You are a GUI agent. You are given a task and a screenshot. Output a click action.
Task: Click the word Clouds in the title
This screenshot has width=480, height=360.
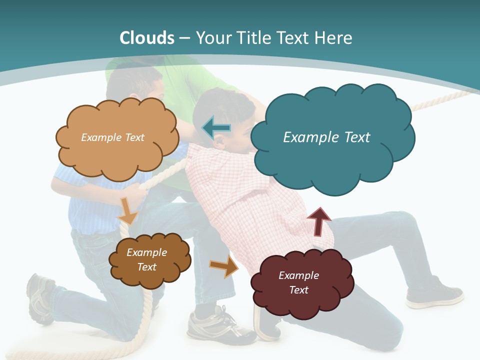(146, 38)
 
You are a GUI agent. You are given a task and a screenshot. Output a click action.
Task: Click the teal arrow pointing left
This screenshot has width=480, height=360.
(217, 128)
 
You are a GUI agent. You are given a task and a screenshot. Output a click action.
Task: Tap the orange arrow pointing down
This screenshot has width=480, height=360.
(128, 210)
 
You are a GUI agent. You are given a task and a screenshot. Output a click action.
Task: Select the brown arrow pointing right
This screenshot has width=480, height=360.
(224, 266)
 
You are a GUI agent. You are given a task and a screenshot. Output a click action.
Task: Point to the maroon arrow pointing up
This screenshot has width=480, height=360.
(318, 221)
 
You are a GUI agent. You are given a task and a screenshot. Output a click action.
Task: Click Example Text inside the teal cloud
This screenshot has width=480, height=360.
(326, 137)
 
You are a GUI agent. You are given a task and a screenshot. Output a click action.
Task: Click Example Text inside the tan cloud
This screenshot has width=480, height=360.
(112, 137)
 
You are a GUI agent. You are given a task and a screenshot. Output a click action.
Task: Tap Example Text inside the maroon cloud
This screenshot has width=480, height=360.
(298, 282)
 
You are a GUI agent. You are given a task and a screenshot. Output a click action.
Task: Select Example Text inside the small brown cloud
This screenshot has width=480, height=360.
(146, 259)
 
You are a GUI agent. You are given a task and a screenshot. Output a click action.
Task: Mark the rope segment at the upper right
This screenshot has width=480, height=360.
(440, 100)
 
